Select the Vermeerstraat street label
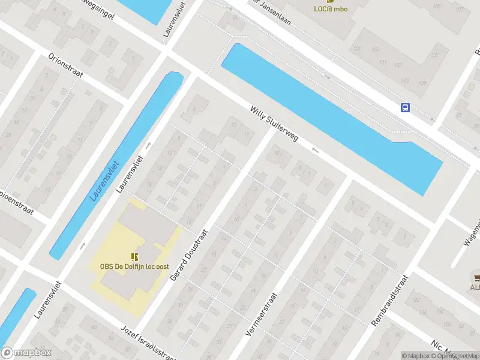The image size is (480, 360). [x=262, y=314]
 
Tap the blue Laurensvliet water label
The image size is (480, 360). [x=106, y=181]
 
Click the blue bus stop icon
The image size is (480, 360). [x=406, y=107]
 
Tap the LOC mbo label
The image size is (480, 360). [x=331, y=8]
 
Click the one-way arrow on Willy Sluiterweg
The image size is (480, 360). [x=316, y=150]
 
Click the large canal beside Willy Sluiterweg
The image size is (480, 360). [x=330, y=114]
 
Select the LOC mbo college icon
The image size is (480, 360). [x=331, y=1]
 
